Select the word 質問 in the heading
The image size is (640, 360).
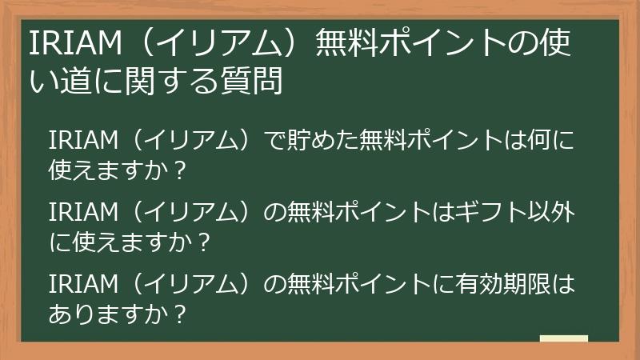coord(258,82)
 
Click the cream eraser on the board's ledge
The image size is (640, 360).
coord(564,339)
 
